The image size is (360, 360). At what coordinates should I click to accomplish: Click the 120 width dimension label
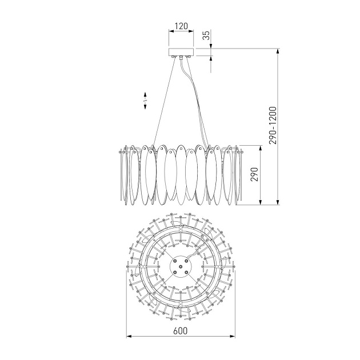[x=181, y=26]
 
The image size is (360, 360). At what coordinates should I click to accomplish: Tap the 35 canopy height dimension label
[x=207, y=35]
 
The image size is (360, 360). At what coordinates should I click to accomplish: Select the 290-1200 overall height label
[x=273, y=125]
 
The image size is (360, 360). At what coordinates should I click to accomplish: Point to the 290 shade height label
[x=254, y=174]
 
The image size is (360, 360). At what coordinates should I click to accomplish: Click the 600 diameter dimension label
[x=180, y=331]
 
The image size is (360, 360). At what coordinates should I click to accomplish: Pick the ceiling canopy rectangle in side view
[x=181, y=52]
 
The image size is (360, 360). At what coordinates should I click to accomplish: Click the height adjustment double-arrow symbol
[x=145, y=101]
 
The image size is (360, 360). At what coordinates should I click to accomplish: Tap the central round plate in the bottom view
[x=181, y=266]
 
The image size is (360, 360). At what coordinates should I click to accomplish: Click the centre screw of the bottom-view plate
[x=181, y=266]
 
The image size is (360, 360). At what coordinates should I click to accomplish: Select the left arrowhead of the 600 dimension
[x=129, y=337]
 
